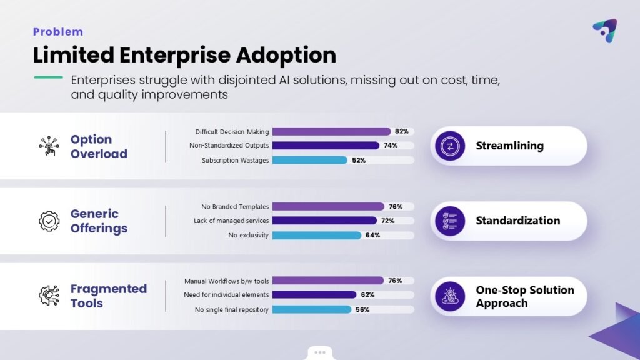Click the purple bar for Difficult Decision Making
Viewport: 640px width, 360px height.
pos(331,132)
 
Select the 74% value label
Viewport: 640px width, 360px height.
pos(391,146)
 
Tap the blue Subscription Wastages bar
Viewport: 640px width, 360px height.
pos(309,160)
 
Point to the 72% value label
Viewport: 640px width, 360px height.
pos(389,221)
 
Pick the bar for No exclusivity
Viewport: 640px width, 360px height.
pos(316,236)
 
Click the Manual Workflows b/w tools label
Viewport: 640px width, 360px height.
pos(226,281)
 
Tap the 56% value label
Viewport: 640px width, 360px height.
pos(362,309)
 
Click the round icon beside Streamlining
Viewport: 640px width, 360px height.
pos(450,146)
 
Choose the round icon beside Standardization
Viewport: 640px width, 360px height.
pos(450,221)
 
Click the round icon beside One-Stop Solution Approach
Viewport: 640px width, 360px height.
pos(450,296)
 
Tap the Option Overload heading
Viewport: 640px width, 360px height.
pos(99,146)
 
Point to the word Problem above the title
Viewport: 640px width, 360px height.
pos(57,32)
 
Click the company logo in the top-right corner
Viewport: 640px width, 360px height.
pos(604,30)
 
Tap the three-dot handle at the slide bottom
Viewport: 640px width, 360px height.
pos(320,352)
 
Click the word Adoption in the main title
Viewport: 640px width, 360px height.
pos(286,55)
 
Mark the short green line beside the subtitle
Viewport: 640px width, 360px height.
pos(48,77)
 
